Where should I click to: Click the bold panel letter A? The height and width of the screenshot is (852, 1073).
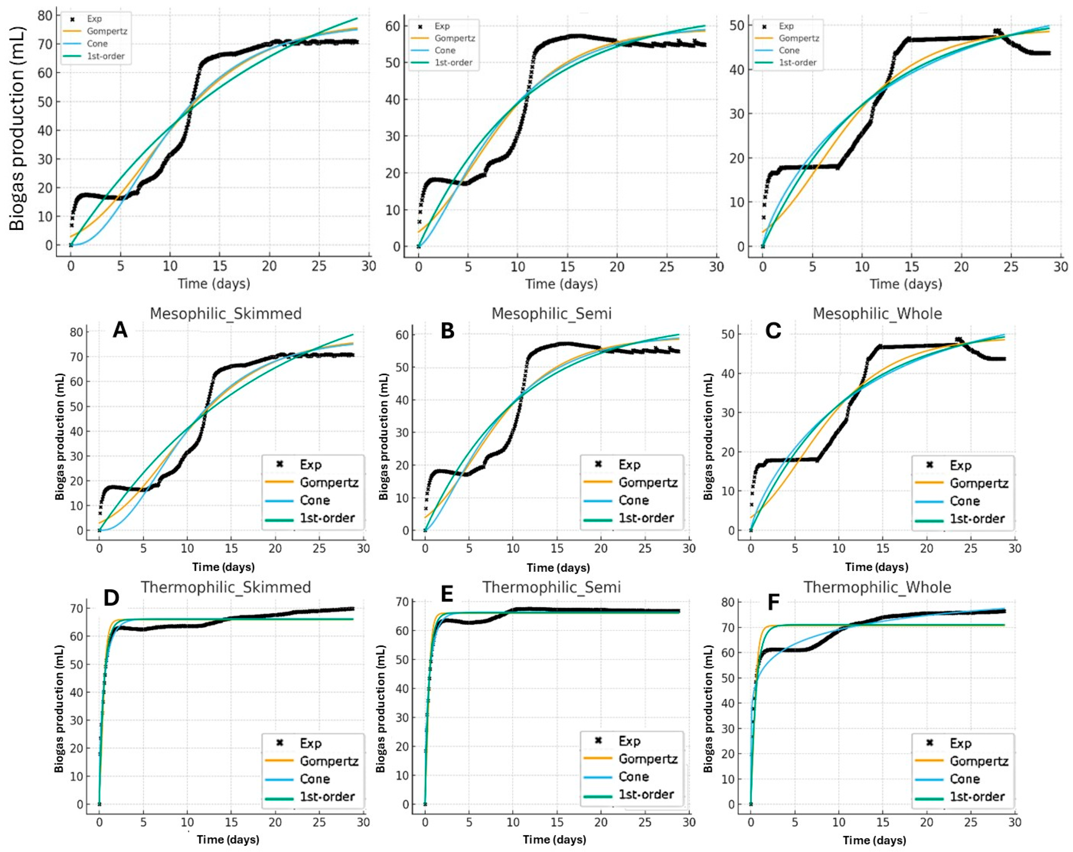(x=120, y=330)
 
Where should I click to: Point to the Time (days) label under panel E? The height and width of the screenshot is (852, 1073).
(x=554, y=840)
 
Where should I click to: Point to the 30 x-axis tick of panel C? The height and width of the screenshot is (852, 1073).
(x=1015, y=548)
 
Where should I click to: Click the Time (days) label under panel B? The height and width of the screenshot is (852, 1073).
(x=558, y=567)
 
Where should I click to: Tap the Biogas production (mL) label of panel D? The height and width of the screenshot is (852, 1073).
(x=59, y=708)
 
